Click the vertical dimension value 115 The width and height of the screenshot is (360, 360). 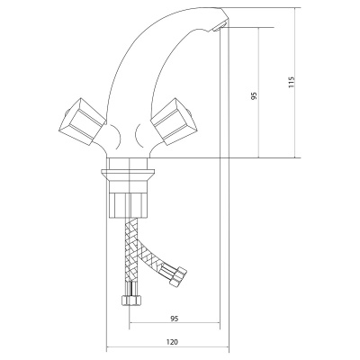[292, 82]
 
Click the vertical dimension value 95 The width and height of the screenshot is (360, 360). [255, 96]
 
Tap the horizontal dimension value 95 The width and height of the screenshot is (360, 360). [174, 319]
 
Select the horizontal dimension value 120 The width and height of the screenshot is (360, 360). [172, 342]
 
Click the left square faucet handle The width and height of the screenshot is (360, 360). [82, 121]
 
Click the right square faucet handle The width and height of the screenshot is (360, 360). [174, 121]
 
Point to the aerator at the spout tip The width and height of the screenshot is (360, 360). [219, 26]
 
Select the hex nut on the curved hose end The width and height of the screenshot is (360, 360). [178, 275]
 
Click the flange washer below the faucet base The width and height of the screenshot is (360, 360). [128, 175]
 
